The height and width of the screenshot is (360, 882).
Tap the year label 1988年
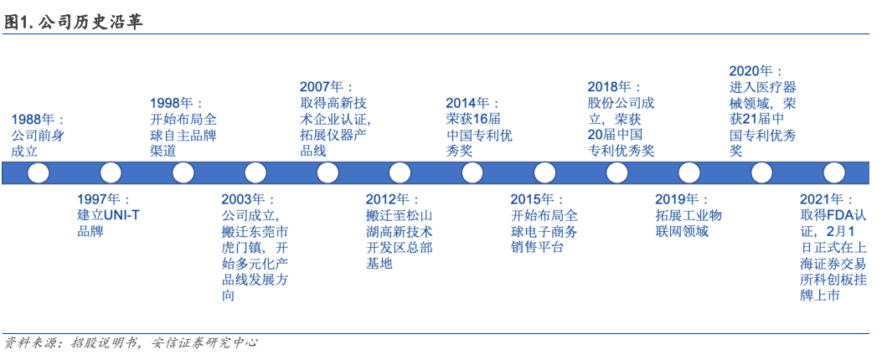pyautogui.click(x=38, y=120)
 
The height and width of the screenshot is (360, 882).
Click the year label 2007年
pyautogui.click(x=327, y=86)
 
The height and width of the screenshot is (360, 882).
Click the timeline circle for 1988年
pyautogui.click(x=39, y=173)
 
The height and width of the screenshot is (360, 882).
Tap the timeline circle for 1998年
pyautogui.click(x=183, y=173)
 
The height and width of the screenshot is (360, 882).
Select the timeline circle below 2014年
pyautogui.click(x=472, y=173)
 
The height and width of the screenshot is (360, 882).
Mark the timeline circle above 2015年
pyautogui.click(x=544, y=173)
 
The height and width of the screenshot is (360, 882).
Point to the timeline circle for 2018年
pyautogui.click(x=616, y=173)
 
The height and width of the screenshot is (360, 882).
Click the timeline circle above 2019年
pyautogui.click(x=689, y=173)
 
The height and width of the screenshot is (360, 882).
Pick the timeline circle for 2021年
pyautogui.click(x=833, y=173)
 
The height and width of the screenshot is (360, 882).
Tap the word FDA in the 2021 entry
pyautogui.click(x=841, y=215)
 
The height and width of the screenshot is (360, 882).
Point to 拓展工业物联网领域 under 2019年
pyautogui.click(x=689, y=224)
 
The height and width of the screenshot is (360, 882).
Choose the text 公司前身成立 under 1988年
pyautogui.click(x=38, y=143)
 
